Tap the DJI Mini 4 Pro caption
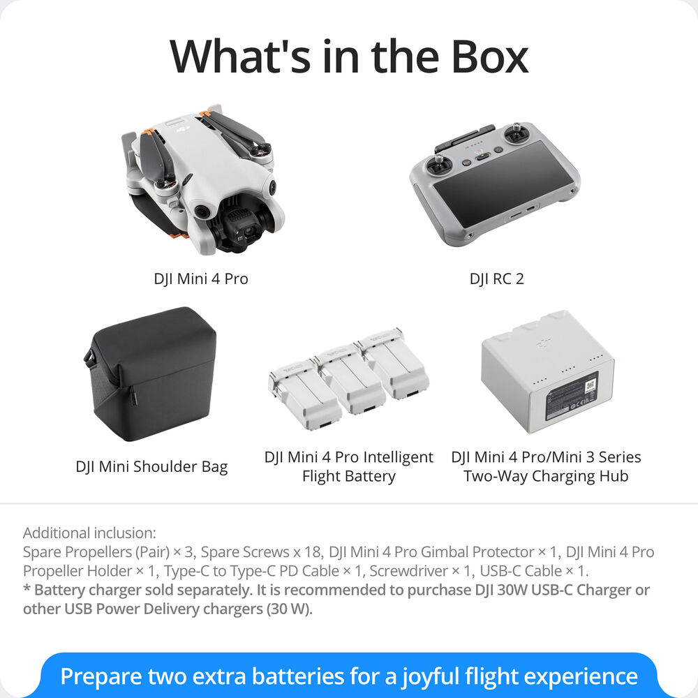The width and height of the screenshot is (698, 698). tap(201, 279)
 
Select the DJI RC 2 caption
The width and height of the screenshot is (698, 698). tap(496, 279)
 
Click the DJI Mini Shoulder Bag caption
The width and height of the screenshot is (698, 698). tap(151, 466)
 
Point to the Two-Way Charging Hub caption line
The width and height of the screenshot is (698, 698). tap(546, 477)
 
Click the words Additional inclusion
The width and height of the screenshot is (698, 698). tap(89, 533)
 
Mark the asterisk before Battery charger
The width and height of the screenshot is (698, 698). tap(27, 588)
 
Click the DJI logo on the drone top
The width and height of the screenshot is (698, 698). tap(183, 129)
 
